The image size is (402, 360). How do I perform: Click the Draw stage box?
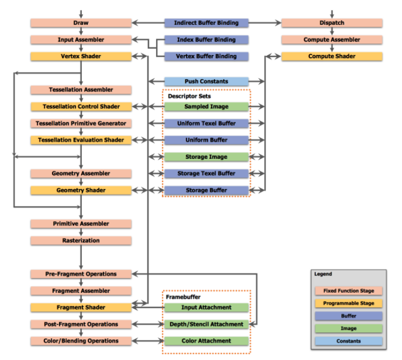pyautogui.click(x=81, y=23)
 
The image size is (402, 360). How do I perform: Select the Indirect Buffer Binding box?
pyautogui.click(x=206, y=23)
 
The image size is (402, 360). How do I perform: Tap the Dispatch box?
pyautogui.click(x=332, y=23)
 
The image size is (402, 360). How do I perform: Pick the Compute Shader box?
pyautogui.click(x=332, y=56)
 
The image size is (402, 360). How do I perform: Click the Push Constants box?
pyautogui.click(x=206, y=81)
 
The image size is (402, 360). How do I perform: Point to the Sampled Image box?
pyautogui.click(x=206, y=107)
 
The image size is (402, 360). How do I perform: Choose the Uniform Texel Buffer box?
pyautogui.click(x=206, y=124)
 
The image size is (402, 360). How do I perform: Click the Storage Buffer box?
pyautogui.click(x=206, y=190)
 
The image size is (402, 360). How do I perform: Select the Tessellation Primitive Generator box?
pyautogui.click(x=81, y=124)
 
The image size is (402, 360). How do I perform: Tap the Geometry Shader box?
pyautogui.click(x=81, y=190)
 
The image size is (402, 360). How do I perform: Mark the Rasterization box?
pyautogui.click(x=81, y=241)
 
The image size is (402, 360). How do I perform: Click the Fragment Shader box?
pyautogui.click(x=81, y=307)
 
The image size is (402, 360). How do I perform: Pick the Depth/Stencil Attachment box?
pyautogui.click(x=206, y=324)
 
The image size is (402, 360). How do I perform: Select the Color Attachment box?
pyautogui.click(x=206, y=341)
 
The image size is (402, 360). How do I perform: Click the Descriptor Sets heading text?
pyautogui.click(x=187, y=96)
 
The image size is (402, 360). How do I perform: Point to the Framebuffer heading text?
pyautogui.click(x=183, y=297)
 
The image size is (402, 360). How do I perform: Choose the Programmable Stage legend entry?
pyautogui.click(x=348, y=304)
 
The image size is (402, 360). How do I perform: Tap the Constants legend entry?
pyautogui.click(x=348, y=342)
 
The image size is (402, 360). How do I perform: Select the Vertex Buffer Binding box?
pyautogui.click(x=206, y=56)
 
